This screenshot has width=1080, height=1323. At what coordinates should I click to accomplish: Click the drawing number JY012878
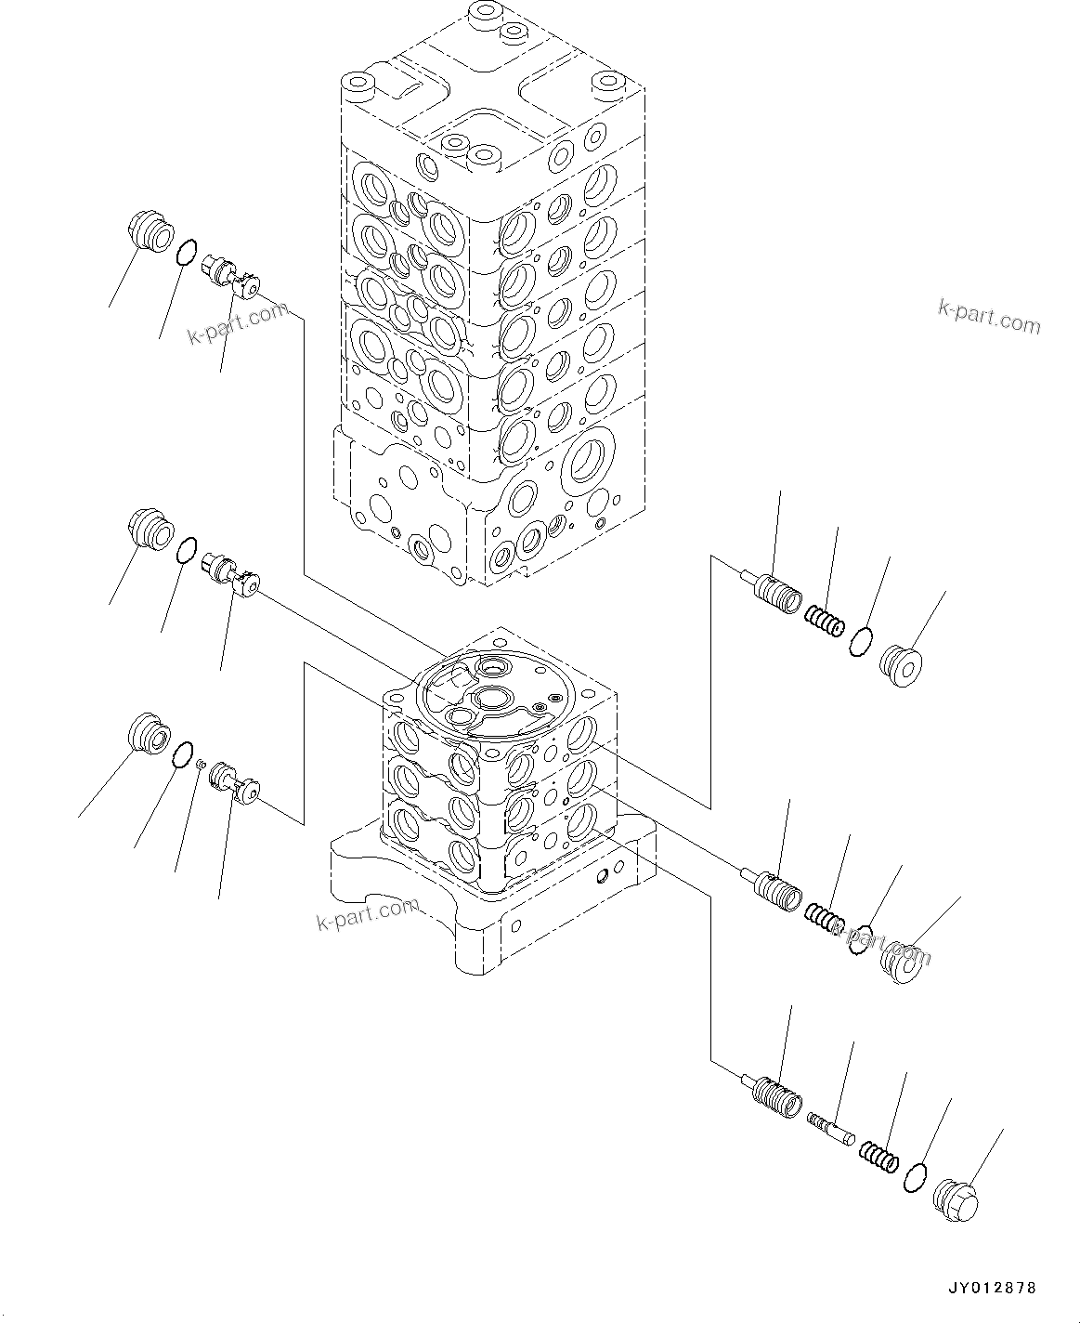coord(991,1288)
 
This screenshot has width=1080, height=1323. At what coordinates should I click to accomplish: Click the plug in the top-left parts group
coord(149,231)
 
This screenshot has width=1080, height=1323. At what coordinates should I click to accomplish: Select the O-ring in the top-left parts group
coord(186,251)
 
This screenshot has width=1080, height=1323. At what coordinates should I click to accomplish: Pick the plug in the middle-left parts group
coord(149,532)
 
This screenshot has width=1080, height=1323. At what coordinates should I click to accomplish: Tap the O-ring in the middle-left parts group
coord(186,551)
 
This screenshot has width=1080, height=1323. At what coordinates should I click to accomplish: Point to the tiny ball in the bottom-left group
coord(200,764)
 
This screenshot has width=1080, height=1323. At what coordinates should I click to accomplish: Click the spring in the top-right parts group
coord(824,620)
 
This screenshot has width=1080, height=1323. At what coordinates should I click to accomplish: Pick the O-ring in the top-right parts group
coord(860,641)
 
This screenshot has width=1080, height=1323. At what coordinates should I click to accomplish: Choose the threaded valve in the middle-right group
coord(778,890)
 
